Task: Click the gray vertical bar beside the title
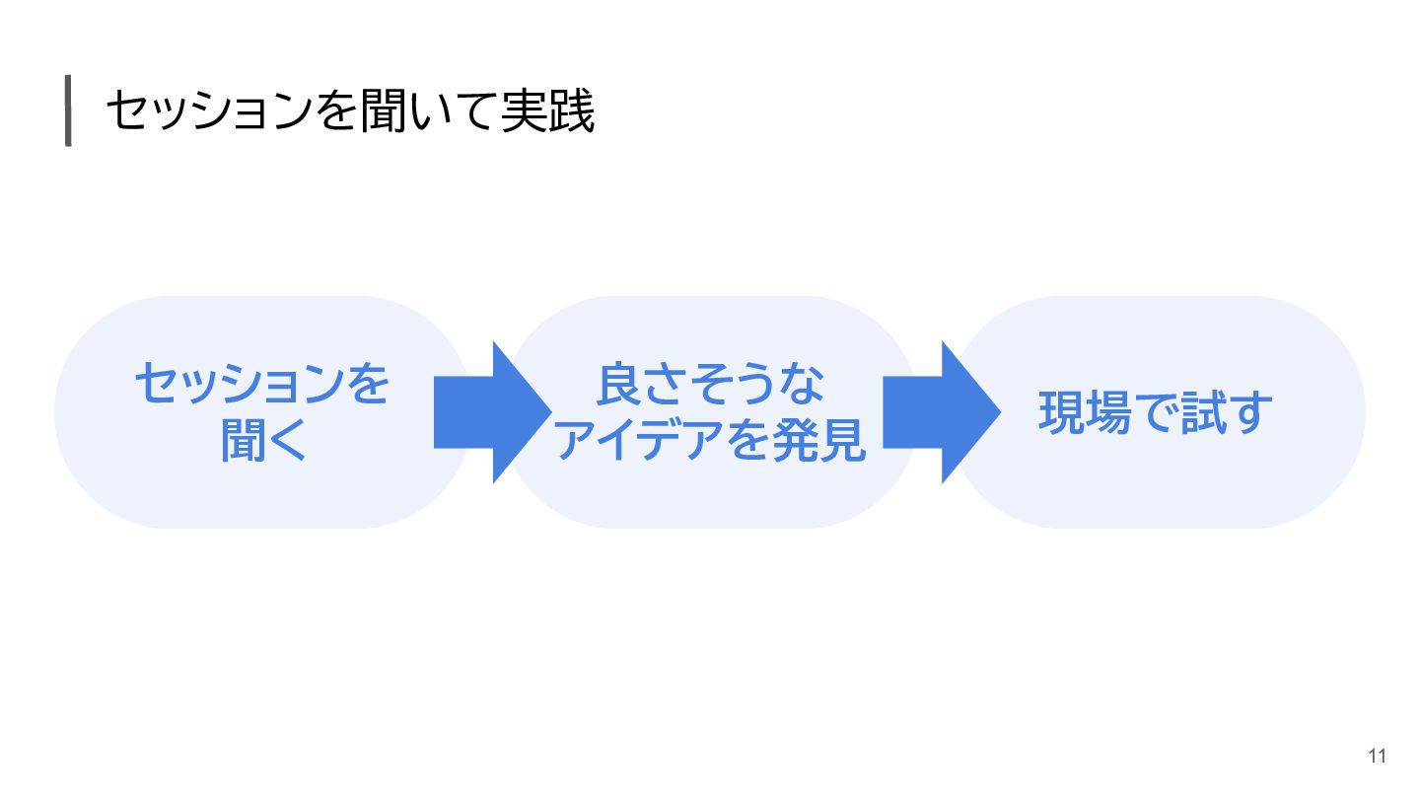pyautogui.click(x=68, y=110)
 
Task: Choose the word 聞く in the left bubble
pyautogui.click(x=263, y=441)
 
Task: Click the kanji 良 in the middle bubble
pyautogui.click(x=618, y=384)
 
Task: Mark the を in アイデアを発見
pyautogui.click(x=750, y=441)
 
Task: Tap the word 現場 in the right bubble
pyautogui.click(x=1085, y=413)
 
